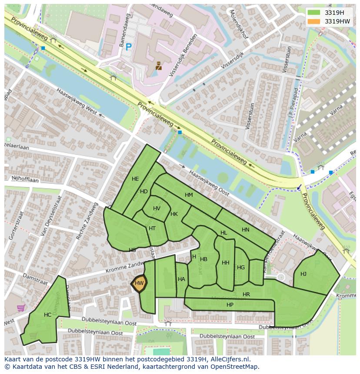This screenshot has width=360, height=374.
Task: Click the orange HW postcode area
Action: (139, 283)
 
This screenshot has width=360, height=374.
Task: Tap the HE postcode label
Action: (135, 179)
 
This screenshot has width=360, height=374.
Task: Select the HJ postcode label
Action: (303, 274)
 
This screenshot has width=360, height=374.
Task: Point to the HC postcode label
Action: (48, 315)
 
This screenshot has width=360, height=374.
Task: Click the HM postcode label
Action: (189, 195)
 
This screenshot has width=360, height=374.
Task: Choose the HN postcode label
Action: (246, 230)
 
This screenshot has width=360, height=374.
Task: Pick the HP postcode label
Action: (230, 305)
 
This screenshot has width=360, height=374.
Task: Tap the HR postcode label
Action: (247, 295)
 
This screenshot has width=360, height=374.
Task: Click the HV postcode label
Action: (157, 209)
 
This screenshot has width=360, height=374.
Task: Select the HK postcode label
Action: (174, 214)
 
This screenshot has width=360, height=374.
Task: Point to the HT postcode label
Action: (152, 228)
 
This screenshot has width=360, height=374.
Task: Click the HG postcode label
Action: (241, 268)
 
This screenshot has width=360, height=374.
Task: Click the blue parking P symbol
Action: (128, 47)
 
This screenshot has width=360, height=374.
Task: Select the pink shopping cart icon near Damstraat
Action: (20, 308)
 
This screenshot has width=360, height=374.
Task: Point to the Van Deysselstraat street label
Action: (50, 215)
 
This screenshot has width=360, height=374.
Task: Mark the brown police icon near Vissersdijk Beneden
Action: (159, 66)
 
